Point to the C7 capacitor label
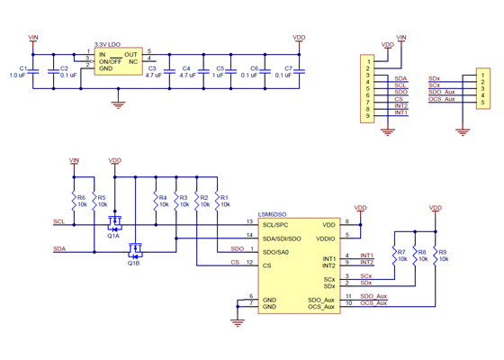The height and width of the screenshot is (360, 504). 288,68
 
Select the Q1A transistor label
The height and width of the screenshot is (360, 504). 113,236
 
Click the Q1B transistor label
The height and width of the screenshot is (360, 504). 133,264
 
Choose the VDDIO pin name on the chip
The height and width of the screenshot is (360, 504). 322,238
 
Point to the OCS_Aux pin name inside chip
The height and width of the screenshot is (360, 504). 321,307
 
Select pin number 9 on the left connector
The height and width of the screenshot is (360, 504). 369,117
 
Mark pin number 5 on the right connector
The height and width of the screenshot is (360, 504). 483,102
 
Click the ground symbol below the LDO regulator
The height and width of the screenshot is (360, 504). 117,103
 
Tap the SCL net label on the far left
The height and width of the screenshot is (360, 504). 58,220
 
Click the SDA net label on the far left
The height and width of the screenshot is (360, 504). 58,247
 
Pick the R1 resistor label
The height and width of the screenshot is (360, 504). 224,197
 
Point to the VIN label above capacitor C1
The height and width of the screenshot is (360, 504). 34,38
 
